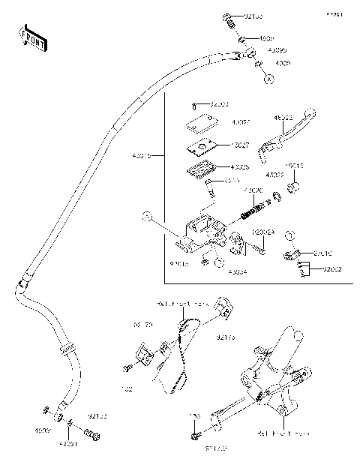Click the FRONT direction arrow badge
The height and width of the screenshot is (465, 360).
(x=32, y=37)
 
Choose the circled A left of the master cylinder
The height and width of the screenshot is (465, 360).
(x=148, y=217)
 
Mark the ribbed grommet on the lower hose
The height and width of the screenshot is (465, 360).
(x=67, y=349)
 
